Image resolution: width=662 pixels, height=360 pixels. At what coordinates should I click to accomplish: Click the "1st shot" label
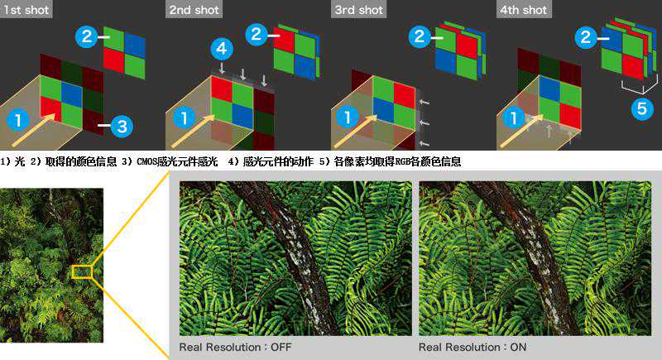[26, 10]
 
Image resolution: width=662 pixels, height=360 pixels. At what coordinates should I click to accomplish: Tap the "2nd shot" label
[194, 10]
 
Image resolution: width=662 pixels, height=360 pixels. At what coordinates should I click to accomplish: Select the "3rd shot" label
[358, 10]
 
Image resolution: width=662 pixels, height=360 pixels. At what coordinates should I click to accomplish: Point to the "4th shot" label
[524, 10]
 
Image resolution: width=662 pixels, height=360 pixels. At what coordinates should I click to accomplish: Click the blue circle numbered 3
[122, 126]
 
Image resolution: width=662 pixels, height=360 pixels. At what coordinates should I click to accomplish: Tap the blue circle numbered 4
[222, 49]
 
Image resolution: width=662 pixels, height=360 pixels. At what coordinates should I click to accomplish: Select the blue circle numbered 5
[642, 108]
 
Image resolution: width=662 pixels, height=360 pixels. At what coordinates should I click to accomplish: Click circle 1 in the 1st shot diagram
[17, 119]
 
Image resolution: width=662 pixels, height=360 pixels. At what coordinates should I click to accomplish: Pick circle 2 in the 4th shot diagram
[586, 37]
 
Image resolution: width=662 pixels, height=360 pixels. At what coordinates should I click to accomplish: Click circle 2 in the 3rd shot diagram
[420, 36]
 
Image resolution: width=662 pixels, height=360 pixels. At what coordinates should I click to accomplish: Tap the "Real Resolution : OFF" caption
[235, 348]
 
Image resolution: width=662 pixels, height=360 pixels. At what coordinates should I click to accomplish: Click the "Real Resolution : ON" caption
[473, 348]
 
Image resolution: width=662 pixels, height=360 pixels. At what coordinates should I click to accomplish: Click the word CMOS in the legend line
[147, 161]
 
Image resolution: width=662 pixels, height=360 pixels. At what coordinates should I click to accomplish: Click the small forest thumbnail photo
[51, 265]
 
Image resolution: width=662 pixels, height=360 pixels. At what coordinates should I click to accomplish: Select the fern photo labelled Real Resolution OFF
[295, 258]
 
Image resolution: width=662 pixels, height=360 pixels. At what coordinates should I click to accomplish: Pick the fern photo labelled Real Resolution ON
[535, 258]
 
